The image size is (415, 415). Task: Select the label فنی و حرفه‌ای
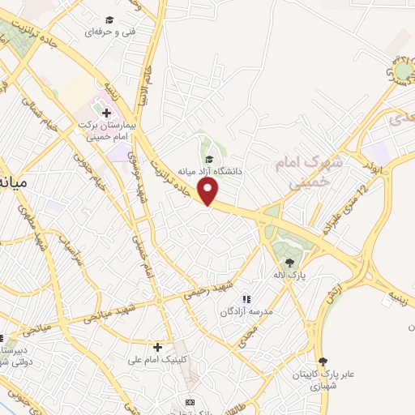tap(110, 32)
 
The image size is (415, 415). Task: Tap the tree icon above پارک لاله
tap(289, 262)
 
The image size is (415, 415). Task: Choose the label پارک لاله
tap(290, 276)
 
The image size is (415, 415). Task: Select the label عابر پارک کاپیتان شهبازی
tap(324, 379)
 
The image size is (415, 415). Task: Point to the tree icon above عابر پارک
tap(323, 362)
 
